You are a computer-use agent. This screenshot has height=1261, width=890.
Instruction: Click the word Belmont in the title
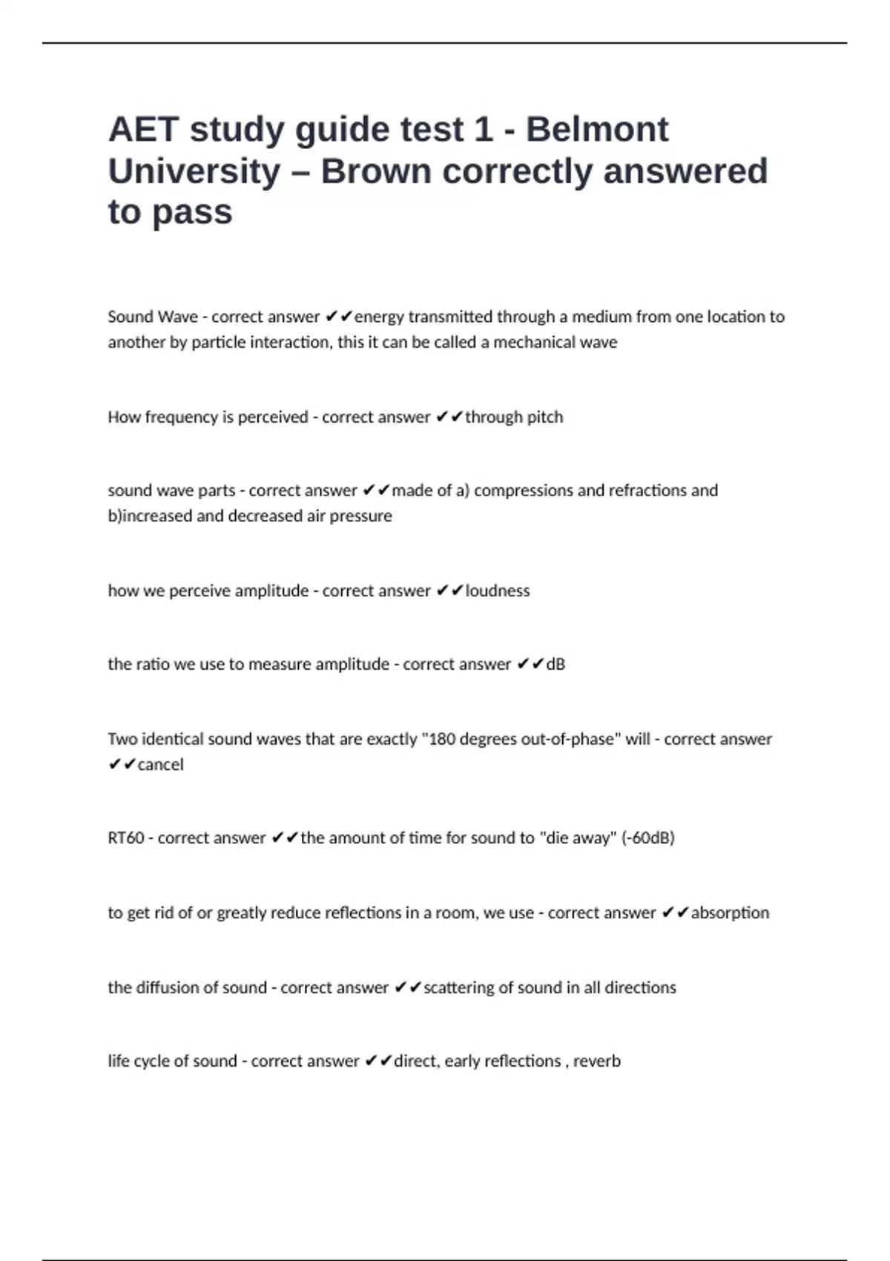[597, 130]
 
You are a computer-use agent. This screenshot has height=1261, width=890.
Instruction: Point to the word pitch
[544, 417]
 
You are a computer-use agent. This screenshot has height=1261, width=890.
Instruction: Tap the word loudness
[497, 590]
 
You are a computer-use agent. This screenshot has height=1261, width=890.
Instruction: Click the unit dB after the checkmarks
[556, 664]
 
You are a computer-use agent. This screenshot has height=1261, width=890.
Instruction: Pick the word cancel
[160, 764]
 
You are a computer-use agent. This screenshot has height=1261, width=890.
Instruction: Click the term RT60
[126, 837]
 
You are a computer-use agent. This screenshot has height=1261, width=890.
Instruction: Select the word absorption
[730, 912]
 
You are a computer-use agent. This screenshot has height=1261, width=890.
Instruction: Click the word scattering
[461, 987]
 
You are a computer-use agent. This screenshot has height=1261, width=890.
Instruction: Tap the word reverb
[596, 1061]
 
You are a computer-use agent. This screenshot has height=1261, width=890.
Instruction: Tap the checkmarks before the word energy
[339, 317]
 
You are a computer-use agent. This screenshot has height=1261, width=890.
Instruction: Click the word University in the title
[194, 171]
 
